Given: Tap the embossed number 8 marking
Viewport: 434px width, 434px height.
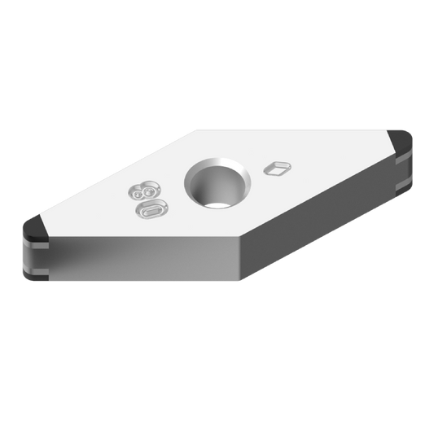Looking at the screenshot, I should click(x=140, y=193).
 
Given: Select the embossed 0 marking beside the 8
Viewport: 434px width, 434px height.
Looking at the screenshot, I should click(x=152, y=210).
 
